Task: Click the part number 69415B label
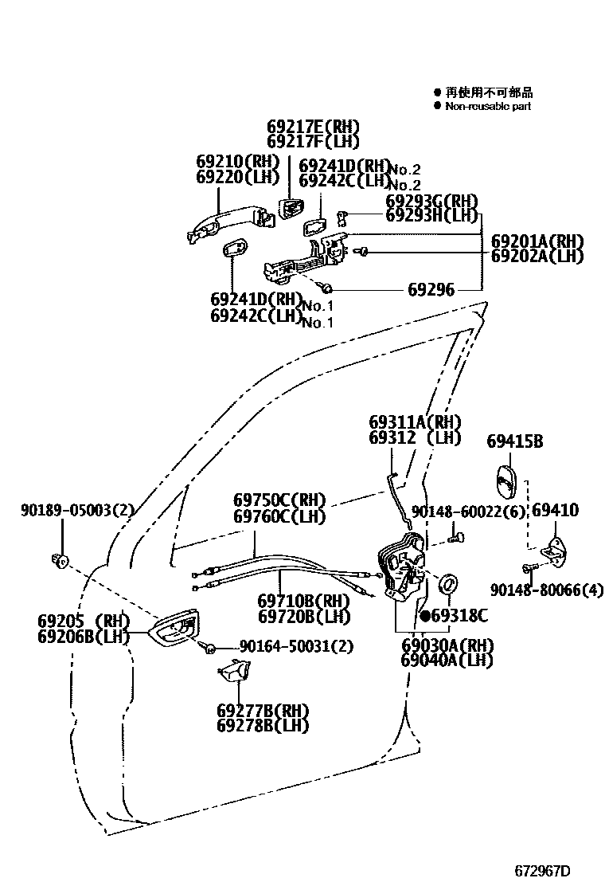514,441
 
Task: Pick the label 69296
431,290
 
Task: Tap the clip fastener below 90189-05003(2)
58,560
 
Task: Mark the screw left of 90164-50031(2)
209,646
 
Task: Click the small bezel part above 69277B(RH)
232,672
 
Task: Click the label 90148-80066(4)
547,590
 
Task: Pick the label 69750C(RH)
279,500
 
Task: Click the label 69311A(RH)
415,422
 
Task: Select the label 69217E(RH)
313,127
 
